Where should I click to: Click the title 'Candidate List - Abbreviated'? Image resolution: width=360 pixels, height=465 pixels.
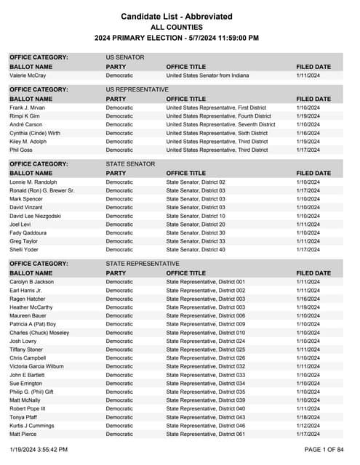coord(177,16)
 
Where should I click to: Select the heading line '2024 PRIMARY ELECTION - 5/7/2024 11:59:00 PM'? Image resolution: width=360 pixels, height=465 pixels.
coord(177,38)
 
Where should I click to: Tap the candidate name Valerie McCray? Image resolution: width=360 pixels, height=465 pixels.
coord(29,75)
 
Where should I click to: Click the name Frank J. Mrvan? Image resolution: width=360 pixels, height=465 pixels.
coord(28,108)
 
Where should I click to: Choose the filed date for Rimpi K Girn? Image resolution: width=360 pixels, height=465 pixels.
coord(308,116)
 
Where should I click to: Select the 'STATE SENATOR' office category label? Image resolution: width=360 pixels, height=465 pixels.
coord(130,164)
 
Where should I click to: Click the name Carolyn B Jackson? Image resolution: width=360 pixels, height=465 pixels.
coord(31,282)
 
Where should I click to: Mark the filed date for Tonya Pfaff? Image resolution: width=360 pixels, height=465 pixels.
coord(308,417)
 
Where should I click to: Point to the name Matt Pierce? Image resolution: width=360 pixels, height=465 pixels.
coord(25,434)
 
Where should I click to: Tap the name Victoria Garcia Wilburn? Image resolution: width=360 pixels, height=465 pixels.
coord(36,366)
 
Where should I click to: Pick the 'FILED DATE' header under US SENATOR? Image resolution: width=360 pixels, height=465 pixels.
coord(313,66)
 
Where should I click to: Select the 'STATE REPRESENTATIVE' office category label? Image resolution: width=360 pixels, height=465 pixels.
coord(143,264)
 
